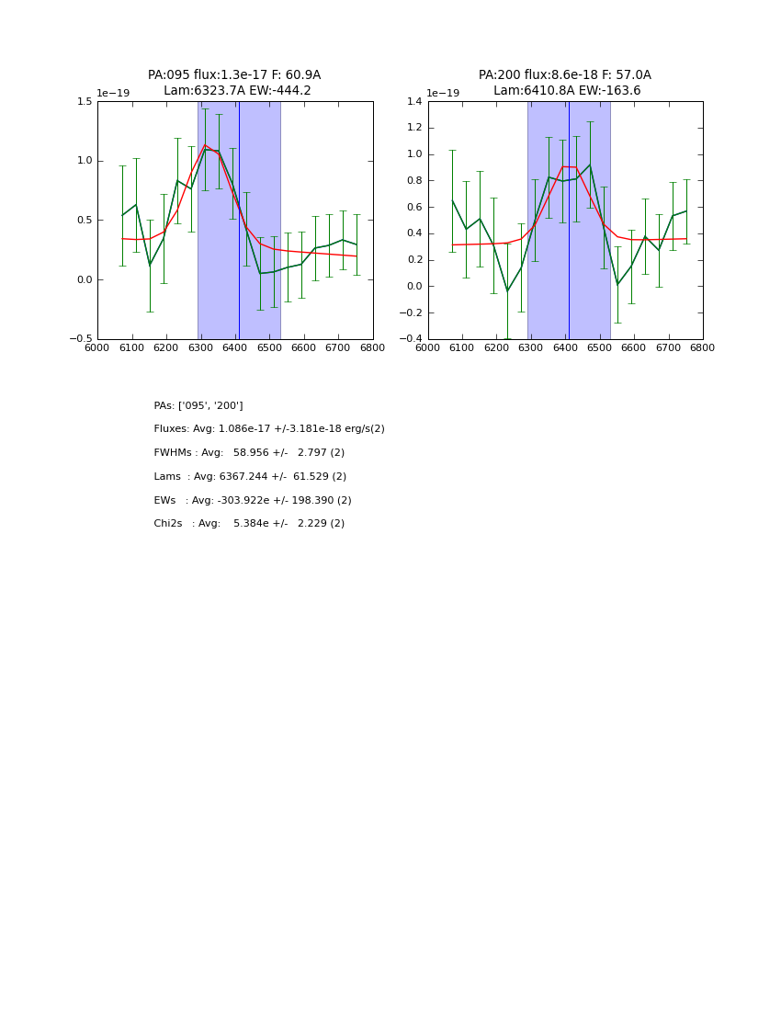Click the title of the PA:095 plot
pos(234,83)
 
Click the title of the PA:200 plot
pos(565,83)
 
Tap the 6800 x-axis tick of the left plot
pos(372,347)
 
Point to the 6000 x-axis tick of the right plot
pos(428,347)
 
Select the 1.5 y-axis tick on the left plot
pos(84,102)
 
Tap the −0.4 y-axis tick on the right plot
pos(411,339)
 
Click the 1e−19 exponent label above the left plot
pos(113,93)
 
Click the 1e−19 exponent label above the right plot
pos(443,93)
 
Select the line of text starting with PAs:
pos(198,405)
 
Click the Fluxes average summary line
pos(269,429)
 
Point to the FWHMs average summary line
pos(249,453)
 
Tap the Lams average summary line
pos(250,477)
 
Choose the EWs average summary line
pos(253,501)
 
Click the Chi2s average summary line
pos(249,524)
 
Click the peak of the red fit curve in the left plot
pos(206,144)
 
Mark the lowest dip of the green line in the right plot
pos(507,291)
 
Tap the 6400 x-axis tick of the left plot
pos(234,347)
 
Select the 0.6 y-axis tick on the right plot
pos(413,207)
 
